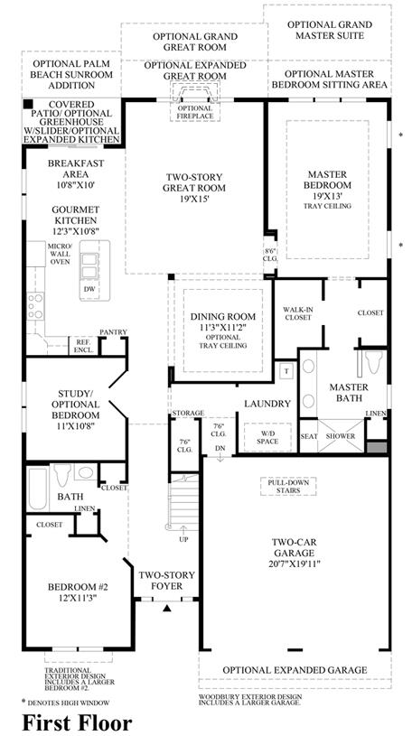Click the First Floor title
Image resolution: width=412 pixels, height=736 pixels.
click(x=77, y=723)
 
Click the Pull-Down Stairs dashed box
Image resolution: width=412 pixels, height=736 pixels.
click(x=288, y=486)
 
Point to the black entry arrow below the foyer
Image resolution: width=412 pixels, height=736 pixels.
click(x=167, y=609)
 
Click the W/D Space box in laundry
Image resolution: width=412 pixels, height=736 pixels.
click(x=267, y=437)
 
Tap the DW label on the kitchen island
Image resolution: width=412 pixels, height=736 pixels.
click(x=89, y=289)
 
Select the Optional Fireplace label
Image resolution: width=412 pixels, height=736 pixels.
click(x=194, y=112)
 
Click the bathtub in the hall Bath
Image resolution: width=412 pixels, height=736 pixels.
click(x=37, y=489)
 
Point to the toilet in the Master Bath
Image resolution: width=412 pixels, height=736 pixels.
click(x=373, y=361)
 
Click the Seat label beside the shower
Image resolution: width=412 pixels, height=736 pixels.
click(x=309, y=436)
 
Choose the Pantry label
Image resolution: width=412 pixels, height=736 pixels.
click(x=113, y=331)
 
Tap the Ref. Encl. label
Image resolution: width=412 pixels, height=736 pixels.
click(x=84, y=347)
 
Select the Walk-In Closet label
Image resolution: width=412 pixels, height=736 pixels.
click(x=297, y=313)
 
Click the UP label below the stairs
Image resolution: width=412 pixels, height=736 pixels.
click(x=183, y=539)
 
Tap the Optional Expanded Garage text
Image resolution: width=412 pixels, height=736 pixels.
click(x=295, y=670)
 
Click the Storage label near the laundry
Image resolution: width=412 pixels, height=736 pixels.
click(x=188, y=413)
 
